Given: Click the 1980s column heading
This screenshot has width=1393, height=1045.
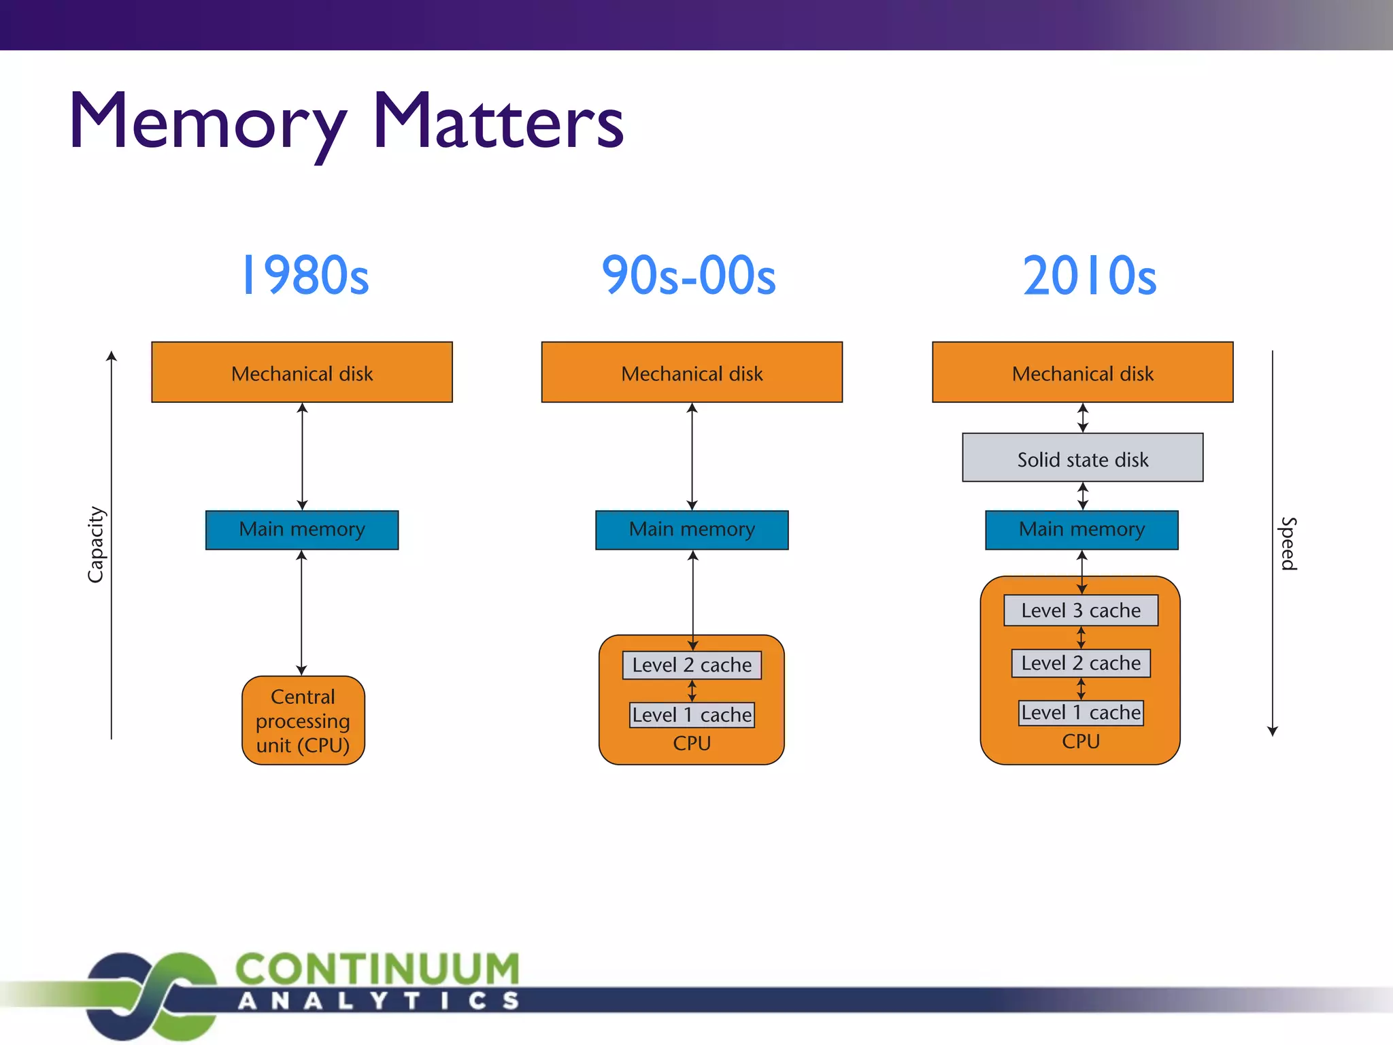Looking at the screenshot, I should pyautogui.click(x=305, y=276).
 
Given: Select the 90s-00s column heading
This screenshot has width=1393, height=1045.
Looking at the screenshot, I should pyautogui.click(x=688, y=276).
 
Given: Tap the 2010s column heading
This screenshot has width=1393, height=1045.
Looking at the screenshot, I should pyautogui.click(x=1089, y=276).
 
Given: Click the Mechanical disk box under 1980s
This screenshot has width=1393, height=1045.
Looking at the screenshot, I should pyautogui.click(x=302, y=373).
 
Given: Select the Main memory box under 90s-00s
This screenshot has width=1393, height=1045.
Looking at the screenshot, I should pyautogui.click(x=692, y=529).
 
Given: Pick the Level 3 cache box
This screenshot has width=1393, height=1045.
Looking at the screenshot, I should pyautogui.click(x=1081, y=610).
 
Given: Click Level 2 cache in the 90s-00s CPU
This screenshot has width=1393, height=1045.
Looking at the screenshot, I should pyautogui.click(x=692, y=665).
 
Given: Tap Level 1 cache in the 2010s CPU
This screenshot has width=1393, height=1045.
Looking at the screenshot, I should pyautogui.click(x=1081, y=713).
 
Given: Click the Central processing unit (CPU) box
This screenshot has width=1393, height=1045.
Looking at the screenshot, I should pyautogui.click(x=303, y=720).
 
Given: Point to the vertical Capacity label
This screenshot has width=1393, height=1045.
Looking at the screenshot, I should pyautogui.click(x=96, y=544).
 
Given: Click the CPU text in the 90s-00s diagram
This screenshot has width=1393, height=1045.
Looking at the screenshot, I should pyautogui.click(x=692, y=744).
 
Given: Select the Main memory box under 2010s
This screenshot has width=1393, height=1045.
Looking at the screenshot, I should pyautogui.click(x=1081, y=529).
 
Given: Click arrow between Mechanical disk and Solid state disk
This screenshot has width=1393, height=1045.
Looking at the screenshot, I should pyautogui.click(x=1083, y=418).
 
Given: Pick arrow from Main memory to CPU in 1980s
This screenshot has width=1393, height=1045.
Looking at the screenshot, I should pyautogui.click(x=302, y=612).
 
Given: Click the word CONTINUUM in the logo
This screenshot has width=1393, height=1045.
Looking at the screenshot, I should pyautogui.click(x=377, y=969).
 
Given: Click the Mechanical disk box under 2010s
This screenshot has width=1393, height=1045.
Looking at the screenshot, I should pyautogui.click(x=1082, y=373).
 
